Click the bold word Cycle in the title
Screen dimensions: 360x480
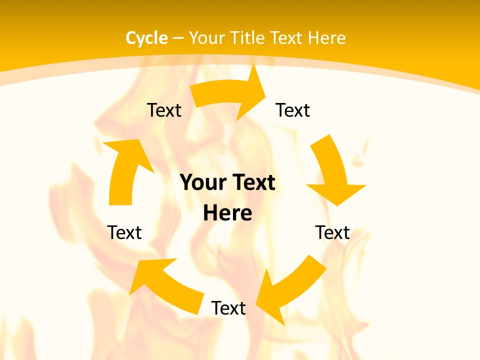146,38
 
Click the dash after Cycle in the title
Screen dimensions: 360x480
178,38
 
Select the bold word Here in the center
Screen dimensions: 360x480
227,213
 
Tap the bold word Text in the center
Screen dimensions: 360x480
253,182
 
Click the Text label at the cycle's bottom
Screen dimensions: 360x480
228,308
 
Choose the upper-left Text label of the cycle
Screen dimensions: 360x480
164,110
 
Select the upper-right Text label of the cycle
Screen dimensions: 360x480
293,110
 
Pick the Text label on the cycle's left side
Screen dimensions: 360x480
124,232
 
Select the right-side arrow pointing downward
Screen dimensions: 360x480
332,170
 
